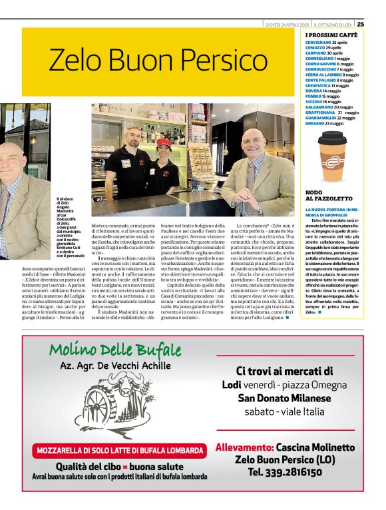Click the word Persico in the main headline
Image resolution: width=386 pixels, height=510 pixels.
pyautogui.click(x=185, y=61)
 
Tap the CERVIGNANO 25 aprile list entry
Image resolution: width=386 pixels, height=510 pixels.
pyautogui.click(x=326, y=43)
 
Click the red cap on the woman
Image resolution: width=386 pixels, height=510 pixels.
pyautogui.click(x=164, y=142)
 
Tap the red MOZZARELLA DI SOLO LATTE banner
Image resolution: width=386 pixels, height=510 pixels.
pyautogui.click(x=111, y=449)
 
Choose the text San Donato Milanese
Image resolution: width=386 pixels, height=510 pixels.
pyautogui.click(x=284, y=398)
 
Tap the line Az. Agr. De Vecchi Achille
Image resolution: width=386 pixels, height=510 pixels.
pyautogui.click(x=116, y=367)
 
